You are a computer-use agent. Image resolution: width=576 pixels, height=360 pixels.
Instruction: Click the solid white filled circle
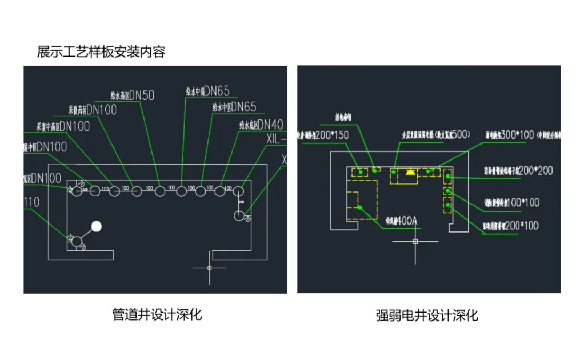tap(97, 227)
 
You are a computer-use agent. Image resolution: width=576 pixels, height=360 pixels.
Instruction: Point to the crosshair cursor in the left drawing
tap(209, 267)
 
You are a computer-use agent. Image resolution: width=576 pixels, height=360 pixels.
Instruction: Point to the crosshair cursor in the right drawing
tap(415, 242)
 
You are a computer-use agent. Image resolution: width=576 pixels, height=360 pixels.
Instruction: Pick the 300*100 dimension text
tap(517, 135)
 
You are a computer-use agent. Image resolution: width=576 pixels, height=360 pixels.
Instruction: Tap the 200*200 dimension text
tap(535, 171)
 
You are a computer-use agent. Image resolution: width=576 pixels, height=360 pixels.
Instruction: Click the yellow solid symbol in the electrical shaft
tap(410, 172)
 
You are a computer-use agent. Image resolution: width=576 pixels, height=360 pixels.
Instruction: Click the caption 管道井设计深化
tap(157, 314)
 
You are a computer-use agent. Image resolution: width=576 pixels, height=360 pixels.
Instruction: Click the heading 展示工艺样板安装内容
tap(101, 52)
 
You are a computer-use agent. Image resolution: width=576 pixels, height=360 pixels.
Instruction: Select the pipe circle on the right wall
tap(239, 215)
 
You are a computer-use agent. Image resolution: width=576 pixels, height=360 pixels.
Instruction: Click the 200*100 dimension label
tap(521, 226)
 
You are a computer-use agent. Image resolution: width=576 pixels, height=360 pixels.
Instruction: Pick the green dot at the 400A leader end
tap(361, 207)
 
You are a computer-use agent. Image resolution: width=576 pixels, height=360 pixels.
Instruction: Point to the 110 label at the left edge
tap(32, 202)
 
